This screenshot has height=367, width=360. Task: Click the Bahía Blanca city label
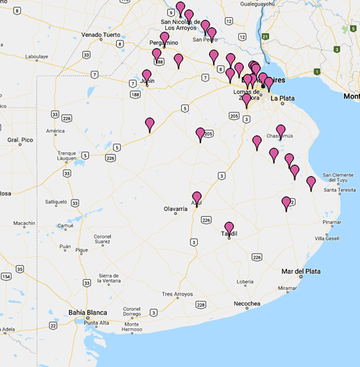tap(87, 311)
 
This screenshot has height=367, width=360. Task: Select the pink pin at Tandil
tap(229, 228)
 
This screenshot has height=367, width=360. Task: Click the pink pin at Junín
tap(146, 75)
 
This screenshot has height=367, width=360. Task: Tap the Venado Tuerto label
tap(101, 35)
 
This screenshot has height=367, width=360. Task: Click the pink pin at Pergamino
tap(164, 37)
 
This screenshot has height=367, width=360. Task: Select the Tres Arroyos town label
tap(178, 294)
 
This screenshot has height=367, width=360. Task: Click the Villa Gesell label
tap(330, 238)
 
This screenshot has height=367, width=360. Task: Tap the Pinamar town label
tap(332, 222)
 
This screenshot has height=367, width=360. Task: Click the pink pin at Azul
tap(197, 198)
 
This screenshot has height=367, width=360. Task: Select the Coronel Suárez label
tap(102, 240)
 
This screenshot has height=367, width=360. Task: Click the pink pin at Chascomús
tap(281, 131)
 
